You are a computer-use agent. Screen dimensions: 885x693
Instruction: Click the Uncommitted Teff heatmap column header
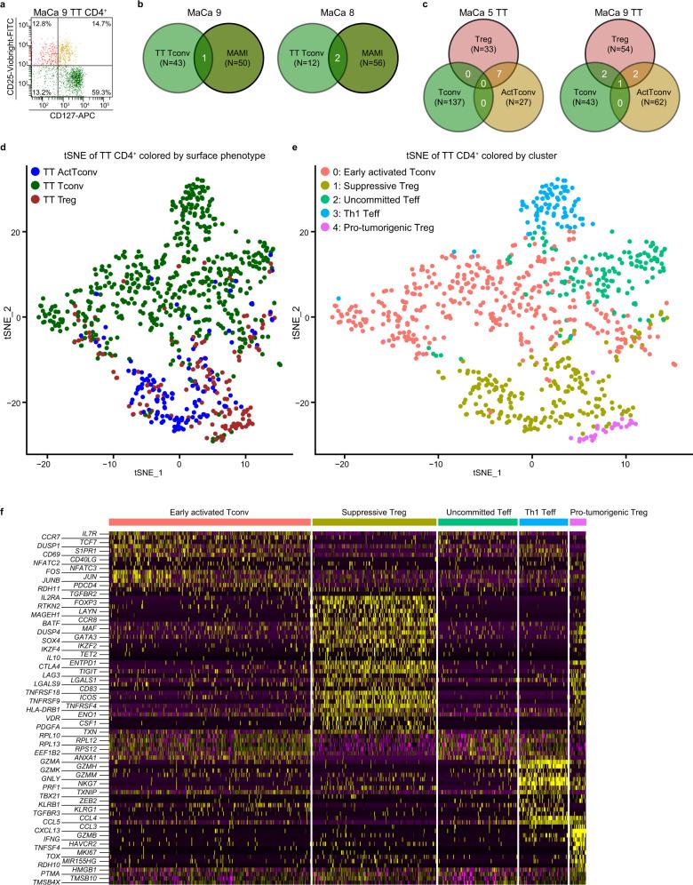(476, 513)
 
